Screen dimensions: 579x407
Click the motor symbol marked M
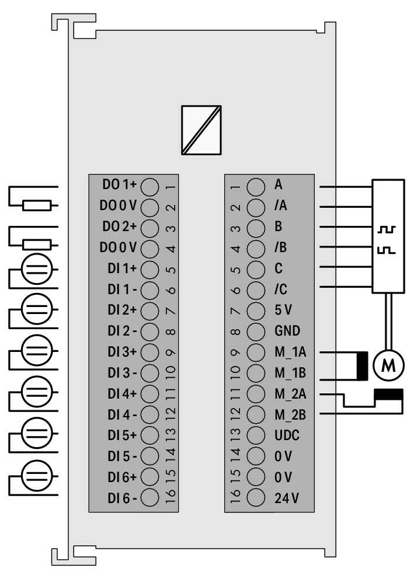tap(388, 365)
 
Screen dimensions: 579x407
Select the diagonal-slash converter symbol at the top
tap(201, 130)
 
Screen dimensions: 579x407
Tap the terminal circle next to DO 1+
tap(150, 186)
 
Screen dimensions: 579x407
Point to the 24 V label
tap(286, 498)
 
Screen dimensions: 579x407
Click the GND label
tap(287, 331)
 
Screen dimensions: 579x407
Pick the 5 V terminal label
tap(285, 310)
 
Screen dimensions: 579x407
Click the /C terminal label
tap(280, 289)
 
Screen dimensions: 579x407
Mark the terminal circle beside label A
tap(256, 186)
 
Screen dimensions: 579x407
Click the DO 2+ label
tap(120, 227)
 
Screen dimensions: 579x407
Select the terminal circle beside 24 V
tap(256, 498)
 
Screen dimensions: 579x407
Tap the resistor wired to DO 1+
tap(37, 205)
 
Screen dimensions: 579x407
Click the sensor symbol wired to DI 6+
tap(36, 477)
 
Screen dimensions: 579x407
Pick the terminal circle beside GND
tap(256, 331)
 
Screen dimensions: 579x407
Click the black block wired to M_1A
tap(362, 364)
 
